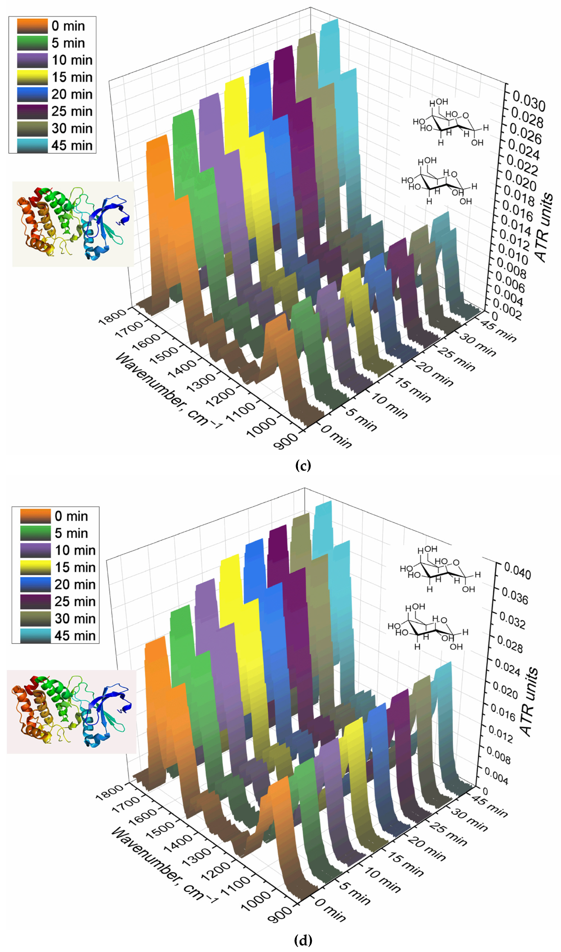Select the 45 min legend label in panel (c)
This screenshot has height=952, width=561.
point(72,145)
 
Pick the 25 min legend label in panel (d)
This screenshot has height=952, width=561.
point(75,601)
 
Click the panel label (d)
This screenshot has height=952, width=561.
point(303,940)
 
